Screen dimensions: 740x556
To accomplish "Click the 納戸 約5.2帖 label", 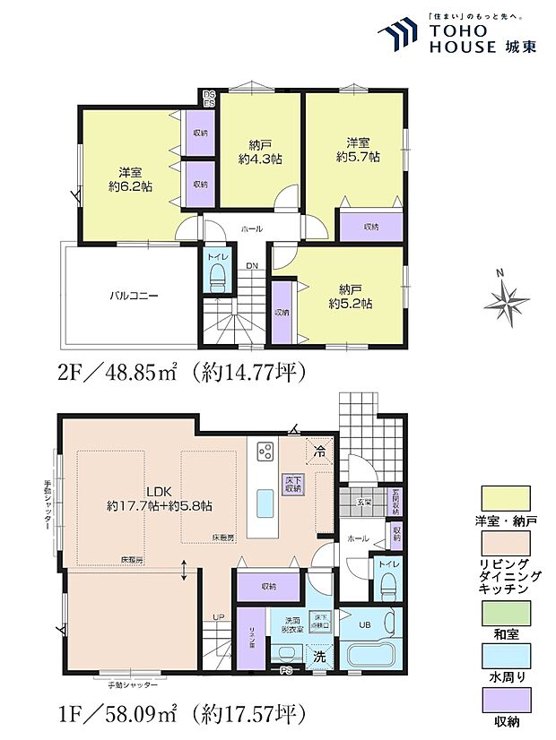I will [355, 296].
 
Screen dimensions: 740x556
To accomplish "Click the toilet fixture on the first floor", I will [387, 586].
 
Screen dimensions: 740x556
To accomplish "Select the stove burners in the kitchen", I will [266, 452].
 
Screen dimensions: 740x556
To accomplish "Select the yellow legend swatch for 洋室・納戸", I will [506, 495].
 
